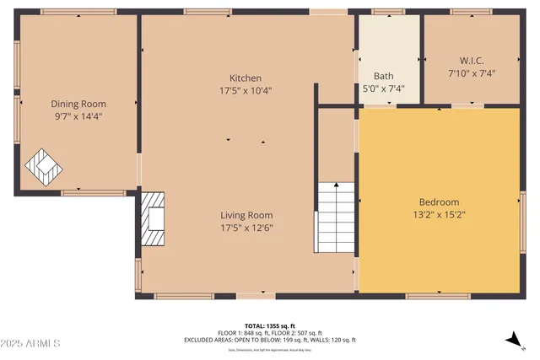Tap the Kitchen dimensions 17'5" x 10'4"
tap(246, 90)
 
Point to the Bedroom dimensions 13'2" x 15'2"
tap(439, 215)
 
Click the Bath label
tap(372, 74)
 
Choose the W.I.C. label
tap(471, 61)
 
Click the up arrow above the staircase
tap(337, 187)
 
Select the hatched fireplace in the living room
tap(154, 218)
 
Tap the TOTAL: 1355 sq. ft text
tap(270, 325)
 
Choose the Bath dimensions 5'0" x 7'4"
tap(372, 87)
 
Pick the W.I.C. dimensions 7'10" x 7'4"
tap(471, 73)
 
